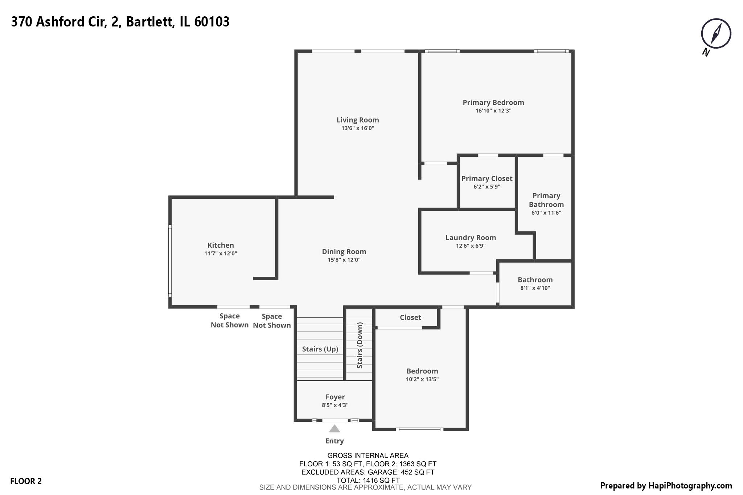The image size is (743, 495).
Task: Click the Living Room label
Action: [357, 120]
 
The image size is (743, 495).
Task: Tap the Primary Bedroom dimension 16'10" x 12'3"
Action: [493, 111]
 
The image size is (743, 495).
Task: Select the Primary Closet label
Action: [487, 178]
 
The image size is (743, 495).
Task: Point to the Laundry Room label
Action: [471, 238]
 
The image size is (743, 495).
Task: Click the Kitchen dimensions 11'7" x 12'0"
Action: [220, 253]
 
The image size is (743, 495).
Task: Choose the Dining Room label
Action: [344, 252]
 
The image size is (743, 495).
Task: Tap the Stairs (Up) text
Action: [320, 349]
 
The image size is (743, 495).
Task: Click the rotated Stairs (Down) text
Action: [360, 345]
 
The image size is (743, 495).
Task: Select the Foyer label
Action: [335, 397]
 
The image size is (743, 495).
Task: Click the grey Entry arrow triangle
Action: [334, 429]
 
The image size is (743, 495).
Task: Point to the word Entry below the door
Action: [334, 441]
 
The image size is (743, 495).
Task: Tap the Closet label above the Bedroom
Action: [410, 318]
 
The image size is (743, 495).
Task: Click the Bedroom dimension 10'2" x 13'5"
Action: [422, 379]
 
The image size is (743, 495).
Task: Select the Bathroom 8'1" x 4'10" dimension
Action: [535, 288]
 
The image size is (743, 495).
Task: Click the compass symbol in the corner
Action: [716, 34]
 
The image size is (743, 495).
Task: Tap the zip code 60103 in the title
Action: [212, 22]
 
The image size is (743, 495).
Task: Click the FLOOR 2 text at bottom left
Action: [26, 481]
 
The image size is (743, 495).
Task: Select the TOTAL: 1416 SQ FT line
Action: [368, 480]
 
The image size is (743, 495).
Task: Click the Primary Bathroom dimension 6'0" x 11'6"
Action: [546, 213]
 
